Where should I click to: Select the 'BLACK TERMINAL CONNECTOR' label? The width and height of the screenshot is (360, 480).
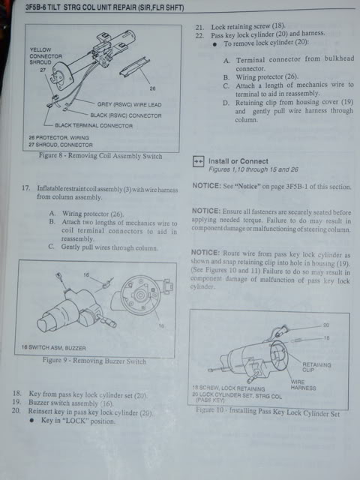click(x=94, y=124)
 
